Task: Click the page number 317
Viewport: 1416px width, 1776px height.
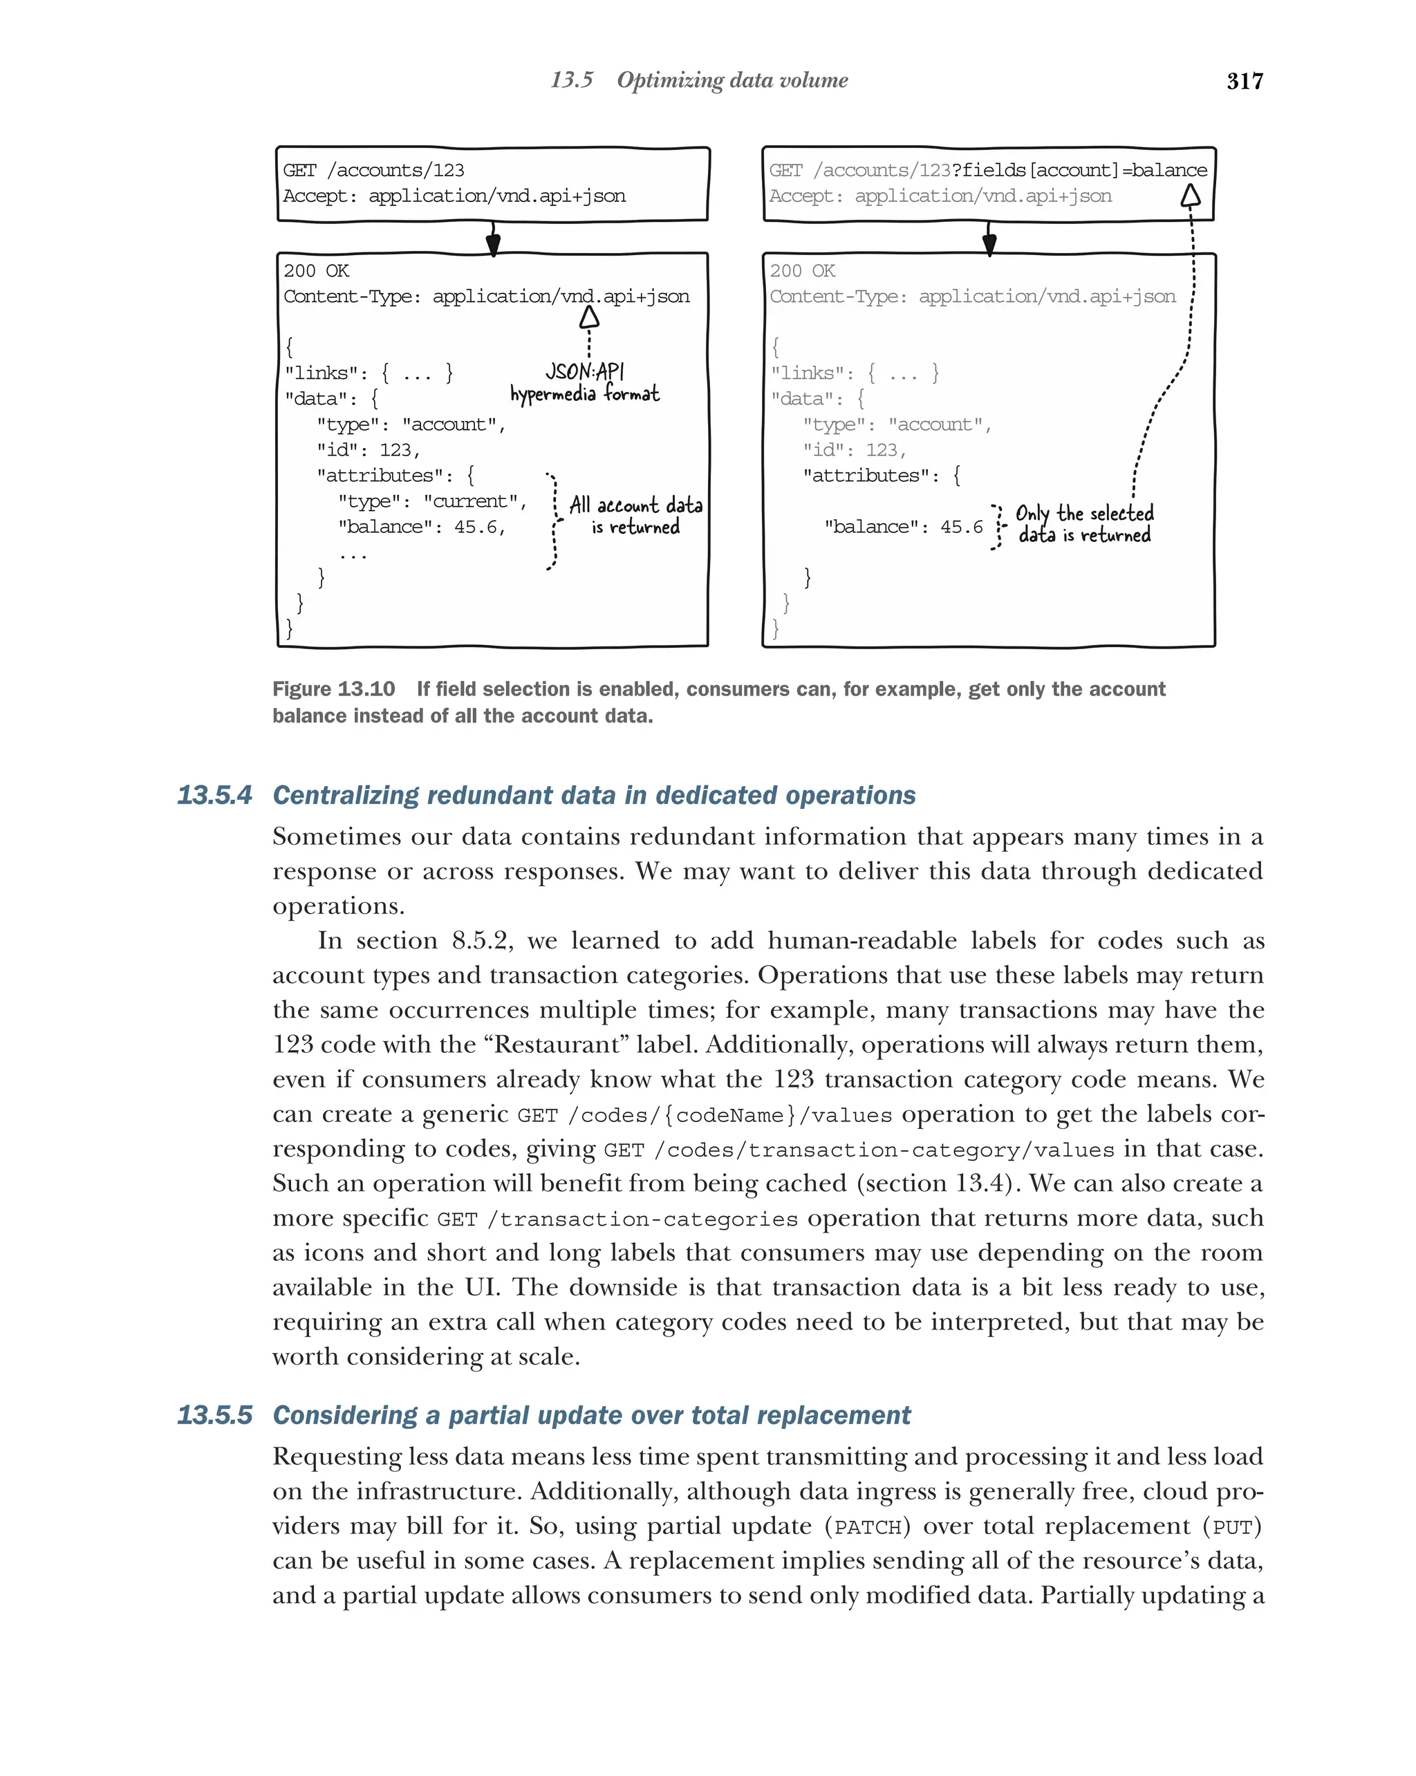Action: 1244,81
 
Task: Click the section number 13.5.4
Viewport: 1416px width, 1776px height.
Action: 214,795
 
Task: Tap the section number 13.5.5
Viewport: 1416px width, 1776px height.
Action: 214,1415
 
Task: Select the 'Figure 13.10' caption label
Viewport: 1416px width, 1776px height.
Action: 334,689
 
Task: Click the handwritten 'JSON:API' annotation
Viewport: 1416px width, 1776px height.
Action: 584,371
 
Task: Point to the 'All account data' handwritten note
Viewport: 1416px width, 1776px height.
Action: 635,505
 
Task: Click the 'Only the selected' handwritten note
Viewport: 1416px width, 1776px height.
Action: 1083,513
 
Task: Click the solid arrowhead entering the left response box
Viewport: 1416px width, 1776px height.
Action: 492,245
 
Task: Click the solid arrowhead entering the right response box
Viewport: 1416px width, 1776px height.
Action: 989,245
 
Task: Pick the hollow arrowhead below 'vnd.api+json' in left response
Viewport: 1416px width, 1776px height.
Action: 588,317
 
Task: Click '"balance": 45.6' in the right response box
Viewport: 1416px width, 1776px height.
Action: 903,527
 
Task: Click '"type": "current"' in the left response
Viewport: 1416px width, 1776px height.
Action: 431,502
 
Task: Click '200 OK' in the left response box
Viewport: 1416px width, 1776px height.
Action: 316,271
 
